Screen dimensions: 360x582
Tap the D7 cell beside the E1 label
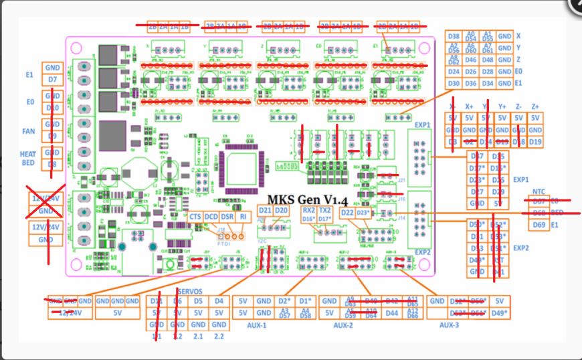click(53, 80)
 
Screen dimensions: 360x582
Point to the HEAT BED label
click(27, 159)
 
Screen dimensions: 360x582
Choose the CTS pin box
click(195, 217)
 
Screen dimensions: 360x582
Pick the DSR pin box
click(227, 217)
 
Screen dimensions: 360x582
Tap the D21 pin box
click(265, 211)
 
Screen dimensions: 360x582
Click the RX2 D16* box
click(308, 215)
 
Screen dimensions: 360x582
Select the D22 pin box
click(347, 213)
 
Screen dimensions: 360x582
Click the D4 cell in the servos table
click(219, 301)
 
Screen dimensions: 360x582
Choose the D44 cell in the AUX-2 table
click(392, 313)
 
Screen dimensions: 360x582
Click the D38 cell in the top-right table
click(454, 36)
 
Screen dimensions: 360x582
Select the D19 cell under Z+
click(535, 142)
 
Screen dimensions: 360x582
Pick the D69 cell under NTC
click(539, 225)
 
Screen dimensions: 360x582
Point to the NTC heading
click(539, 191)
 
